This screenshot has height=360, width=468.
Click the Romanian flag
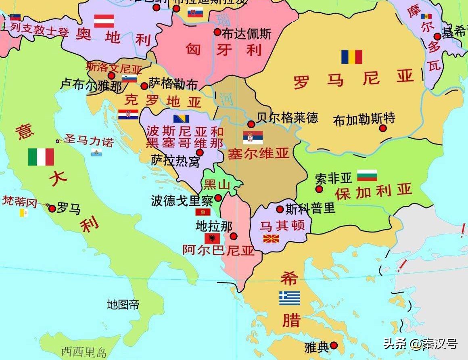point(351,57)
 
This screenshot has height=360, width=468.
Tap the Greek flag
point(290,298)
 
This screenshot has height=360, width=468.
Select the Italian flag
point(41,157)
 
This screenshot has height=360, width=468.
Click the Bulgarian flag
point(367,175)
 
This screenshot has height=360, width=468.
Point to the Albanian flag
point(212,238)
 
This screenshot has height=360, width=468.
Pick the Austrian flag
point(104,21)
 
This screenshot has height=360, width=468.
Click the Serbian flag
point(253,138)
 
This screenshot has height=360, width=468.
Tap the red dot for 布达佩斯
point(217,32)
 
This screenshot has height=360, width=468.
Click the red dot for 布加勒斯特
point(383,128)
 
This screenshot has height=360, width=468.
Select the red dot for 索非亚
point(319,189)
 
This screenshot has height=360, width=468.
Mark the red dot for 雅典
point(334,345)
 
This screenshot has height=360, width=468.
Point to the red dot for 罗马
point(52,209)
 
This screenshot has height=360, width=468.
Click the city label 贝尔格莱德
point(287,117)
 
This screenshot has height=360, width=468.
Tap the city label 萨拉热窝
point(175,161)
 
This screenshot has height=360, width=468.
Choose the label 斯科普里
point(310,209)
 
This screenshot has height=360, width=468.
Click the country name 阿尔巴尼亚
point(218,251)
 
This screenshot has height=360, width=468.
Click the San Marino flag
point(96,152)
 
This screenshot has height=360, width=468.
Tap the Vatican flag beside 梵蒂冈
point(24,213)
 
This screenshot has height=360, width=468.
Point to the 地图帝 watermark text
point(123,305)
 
